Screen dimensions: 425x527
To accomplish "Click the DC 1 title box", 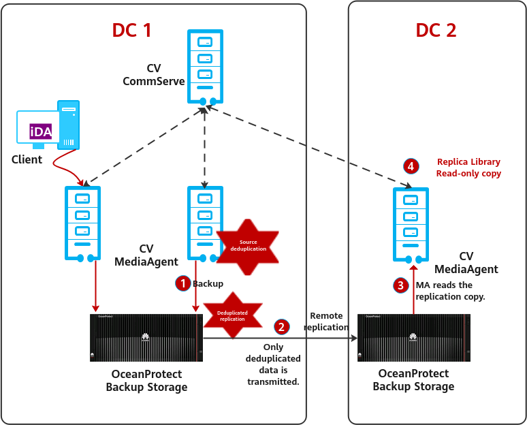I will (x=131, y=30).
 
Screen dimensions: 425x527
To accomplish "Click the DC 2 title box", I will (x=436, y=30).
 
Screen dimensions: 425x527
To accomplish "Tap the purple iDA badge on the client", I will (x=40, y=132).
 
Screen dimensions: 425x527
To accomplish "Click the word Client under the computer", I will (x=27, y=159).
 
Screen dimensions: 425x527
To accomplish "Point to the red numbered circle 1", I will (x=182, y=283).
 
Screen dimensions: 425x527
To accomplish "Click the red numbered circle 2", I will (x=281, y=327).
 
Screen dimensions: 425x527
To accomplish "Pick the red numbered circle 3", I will (x=402, y=285).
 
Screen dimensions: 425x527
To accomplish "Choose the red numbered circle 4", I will (x=410, y=166).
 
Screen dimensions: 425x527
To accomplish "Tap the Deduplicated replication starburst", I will (x=232, y=315).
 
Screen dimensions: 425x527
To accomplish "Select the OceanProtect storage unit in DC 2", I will (x=413, y=338).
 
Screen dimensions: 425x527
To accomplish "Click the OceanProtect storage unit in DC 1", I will (x=146, y=338).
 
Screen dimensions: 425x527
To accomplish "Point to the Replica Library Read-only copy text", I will (x=468, y=168).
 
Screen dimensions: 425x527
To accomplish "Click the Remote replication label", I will (x=326, y=321).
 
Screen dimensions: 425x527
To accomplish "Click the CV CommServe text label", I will (x=154, y=75).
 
